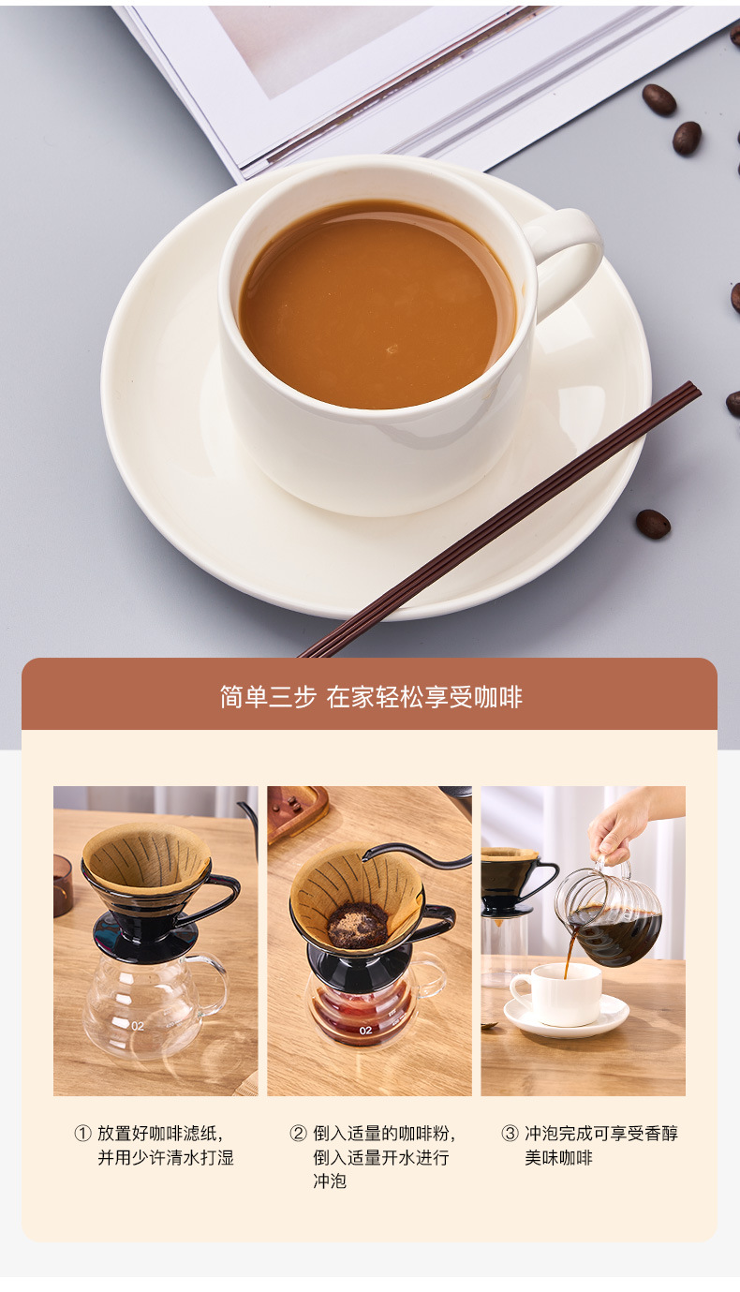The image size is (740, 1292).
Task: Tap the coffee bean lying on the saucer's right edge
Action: (653, 524)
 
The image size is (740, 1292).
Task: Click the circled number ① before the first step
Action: (82, 1134)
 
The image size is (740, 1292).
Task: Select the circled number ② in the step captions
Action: (298, 1134)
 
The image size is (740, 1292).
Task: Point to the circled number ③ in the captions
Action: (510, 1134)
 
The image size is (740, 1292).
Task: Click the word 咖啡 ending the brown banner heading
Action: (498, 697)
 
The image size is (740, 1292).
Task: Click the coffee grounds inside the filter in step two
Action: (357, 926)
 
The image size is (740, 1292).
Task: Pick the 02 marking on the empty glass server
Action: (138, 1026)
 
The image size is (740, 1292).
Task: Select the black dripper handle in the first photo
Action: (217, 897)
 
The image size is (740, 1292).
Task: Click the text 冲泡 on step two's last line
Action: (330, 1181)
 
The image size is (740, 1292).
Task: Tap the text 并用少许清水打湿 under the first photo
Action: (166, 1158)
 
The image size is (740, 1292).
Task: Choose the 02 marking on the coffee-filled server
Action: (365, 1031)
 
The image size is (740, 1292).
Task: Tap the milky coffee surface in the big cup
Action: (375, 304)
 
